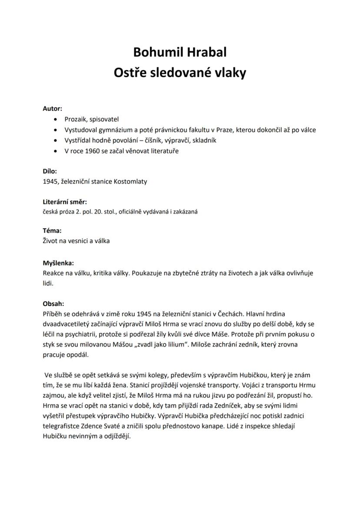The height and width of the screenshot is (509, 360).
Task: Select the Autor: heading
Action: click(x=52, y=108)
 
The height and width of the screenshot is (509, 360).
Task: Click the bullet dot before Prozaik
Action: click(x=54, y=119)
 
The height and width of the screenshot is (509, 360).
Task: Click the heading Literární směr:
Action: click(x=65, y=202)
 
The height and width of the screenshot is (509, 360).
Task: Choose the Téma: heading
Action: click(x=52, y=230)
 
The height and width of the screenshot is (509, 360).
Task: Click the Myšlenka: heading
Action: click(x=58, y=263)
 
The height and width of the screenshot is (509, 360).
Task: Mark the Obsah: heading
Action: click(x=53, y=304)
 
